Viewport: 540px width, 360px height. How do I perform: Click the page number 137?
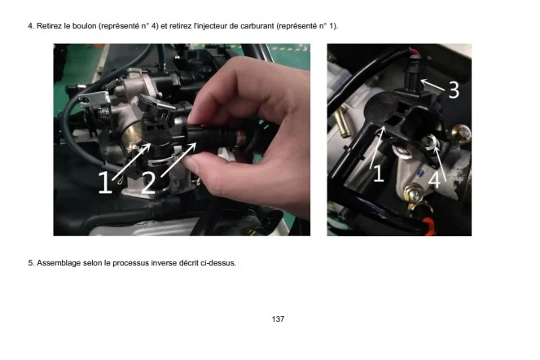pyautogui.click(x=278, y=319)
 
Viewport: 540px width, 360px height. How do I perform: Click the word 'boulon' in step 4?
pyautogui.click(x=84, y=26)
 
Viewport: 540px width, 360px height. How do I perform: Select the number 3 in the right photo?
pyautogui.click(x=454, y=90)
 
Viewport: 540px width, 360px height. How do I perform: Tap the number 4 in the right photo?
pyautogui.click(x=434, y=180)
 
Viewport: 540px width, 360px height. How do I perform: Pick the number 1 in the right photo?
pyautogui.click(x=379, y=173)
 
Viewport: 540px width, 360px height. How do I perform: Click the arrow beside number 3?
pyautogui.click(x=432, y=85)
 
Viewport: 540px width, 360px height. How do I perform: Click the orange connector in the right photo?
pyautogui.click(x=429, y=226)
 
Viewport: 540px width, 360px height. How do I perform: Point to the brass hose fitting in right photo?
pyautogui.click(x=341, y=122)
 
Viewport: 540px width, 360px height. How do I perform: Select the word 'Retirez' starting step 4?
pyautogui.click(x=49, y=26)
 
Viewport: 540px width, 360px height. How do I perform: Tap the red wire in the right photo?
pyautogui.click(x=415, y=52)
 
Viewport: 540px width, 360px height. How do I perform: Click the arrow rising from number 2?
pyautogui.click(x=178, y=160)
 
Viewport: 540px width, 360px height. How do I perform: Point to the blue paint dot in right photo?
pyautogui.click(x=420, y=172)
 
